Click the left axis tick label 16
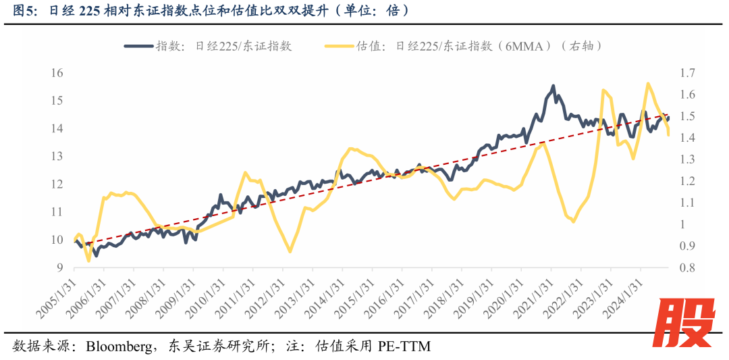pos(57,72)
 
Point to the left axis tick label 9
pos(59,267)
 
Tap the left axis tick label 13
pos(57,156)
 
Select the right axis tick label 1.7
pos(688,72)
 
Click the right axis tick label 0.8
pos(688,267)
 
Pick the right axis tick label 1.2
pos(688,181)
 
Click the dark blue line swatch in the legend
pos(138,46)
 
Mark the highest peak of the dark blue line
pos(553,86)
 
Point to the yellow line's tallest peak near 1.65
pos(648,84)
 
